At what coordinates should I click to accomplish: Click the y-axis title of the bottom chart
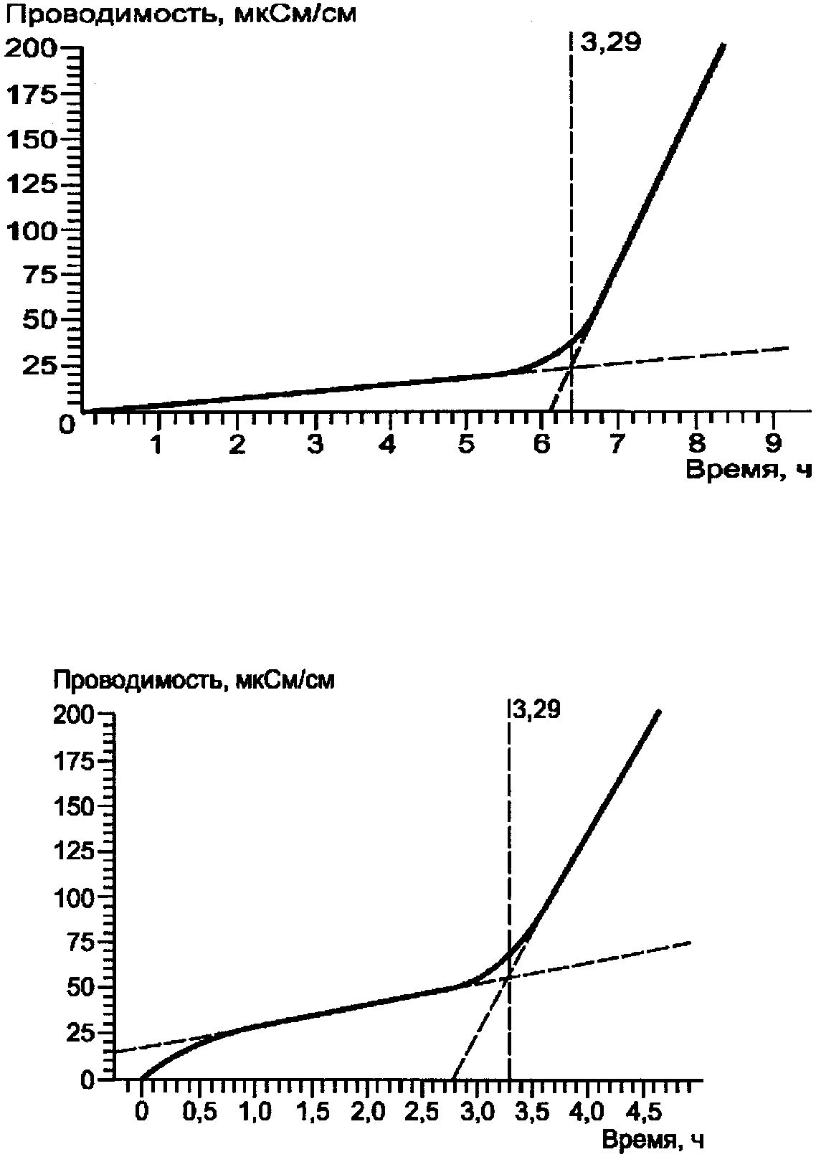point(194,680)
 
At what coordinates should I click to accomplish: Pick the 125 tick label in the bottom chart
point(74,851)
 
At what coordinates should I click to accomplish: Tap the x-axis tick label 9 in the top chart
point(772,444)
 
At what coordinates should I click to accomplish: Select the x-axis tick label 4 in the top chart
point(388,444)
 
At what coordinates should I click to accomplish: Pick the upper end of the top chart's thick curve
point(723,45)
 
